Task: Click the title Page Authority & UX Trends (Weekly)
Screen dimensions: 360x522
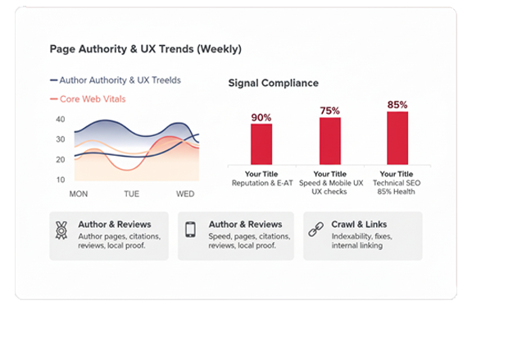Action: coord(145,49)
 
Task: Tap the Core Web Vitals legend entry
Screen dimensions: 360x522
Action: coord(93,99)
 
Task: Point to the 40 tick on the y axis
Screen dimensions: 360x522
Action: coord(60,120)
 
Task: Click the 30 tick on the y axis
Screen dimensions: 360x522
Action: coord(60,139)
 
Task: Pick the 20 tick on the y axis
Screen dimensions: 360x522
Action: coord(60,159)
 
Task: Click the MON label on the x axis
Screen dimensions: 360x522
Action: coord(79,194)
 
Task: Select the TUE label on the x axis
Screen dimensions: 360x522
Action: coord(132,194)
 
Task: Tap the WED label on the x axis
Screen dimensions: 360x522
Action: coord(185,194)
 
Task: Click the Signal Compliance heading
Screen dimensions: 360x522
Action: coord(273,84)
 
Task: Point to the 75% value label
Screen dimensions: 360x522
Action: coord(329,111)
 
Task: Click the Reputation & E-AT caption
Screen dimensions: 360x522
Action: coord(261,183)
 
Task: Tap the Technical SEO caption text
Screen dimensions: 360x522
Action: coord(393,183)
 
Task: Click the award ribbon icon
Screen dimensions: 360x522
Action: coord(61,230)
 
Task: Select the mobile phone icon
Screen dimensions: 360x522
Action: coord(191,230)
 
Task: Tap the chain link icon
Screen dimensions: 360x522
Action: coord(315,230)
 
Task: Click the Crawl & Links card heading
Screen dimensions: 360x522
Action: coord(359,224)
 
